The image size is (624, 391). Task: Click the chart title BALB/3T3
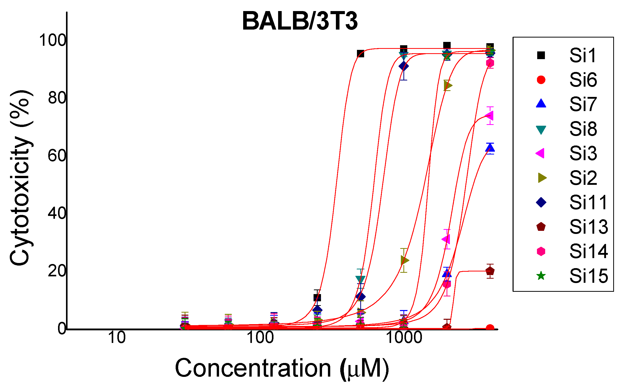tap(300, 21)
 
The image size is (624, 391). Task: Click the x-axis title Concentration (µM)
tap(282, 368)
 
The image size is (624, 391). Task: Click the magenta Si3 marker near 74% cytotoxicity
tap(489, 116)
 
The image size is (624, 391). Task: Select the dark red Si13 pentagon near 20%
tap(490, 271)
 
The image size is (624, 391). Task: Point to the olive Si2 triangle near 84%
tap(448, 86)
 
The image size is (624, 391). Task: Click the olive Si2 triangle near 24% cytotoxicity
tap(404, 260)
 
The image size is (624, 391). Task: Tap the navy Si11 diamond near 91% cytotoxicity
tap(403, 67)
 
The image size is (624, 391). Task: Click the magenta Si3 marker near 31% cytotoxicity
tap(446, 239)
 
